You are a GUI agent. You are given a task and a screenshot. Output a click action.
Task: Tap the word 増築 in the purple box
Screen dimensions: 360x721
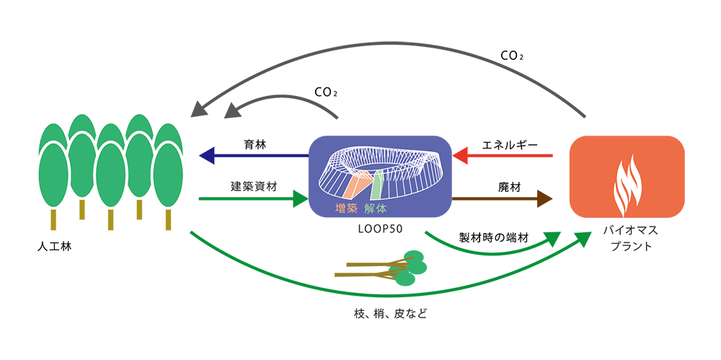pos(348,208)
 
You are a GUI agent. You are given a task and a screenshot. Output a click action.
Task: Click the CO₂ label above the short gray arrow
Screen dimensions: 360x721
pos(326,92)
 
